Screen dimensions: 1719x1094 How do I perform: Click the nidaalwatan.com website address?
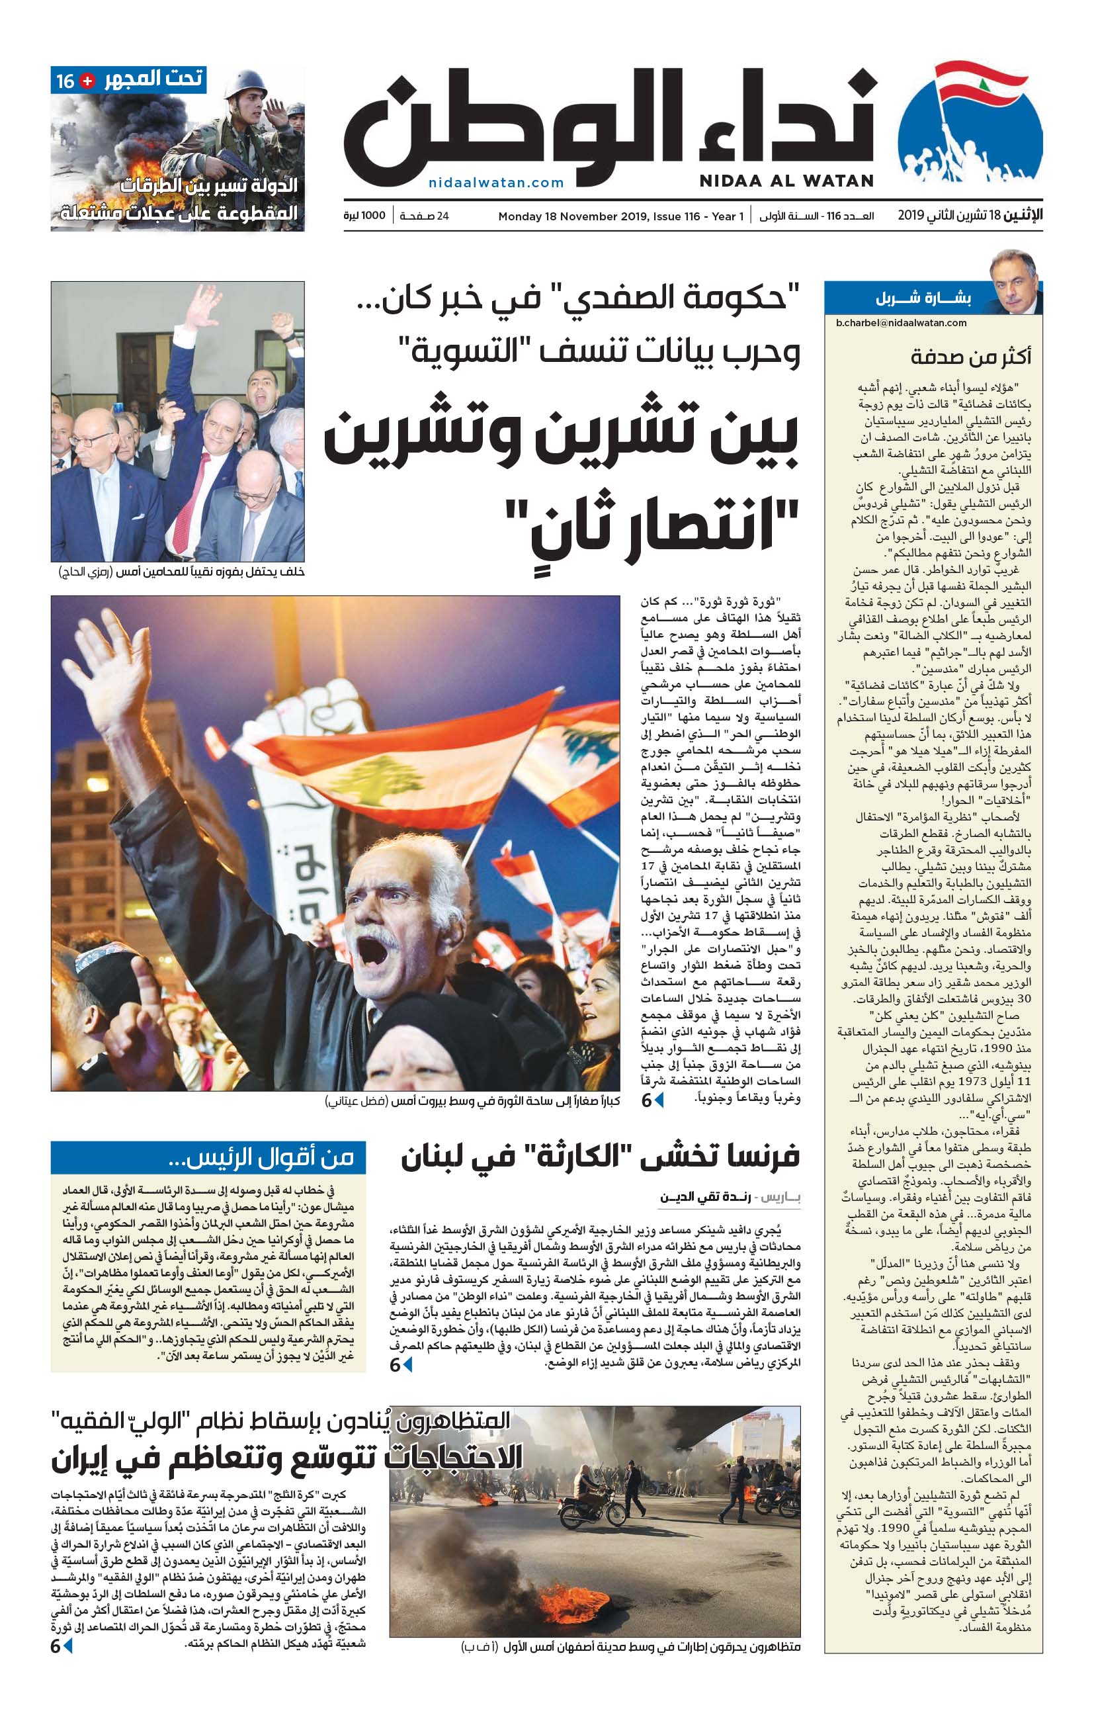[x=496, y=182]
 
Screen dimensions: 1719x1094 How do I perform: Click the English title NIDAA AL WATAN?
[x=786, y=181]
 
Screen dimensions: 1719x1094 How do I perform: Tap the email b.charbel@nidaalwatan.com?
[x=902, y=323]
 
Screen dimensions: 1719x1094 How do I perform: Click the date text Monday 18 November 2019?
[x=573, y=216]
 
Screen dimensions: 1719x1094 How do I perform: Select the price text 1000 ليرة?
[x=364, y=216]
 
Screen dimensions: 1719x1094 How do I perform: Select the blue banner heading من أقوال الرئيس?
[x=208, y=1157]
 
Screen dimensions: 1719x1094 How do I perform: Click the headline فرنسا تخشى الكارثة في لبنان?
[x=599, y=1157]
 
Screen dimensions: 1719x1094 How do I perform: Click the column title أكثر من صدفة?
[x=970, y=356]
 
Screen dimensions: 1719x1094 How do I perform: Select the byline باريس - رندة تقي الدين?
[x=730, y=1197]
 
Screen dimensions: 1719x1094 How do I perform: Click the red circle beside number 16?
[x=88, y=81]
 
